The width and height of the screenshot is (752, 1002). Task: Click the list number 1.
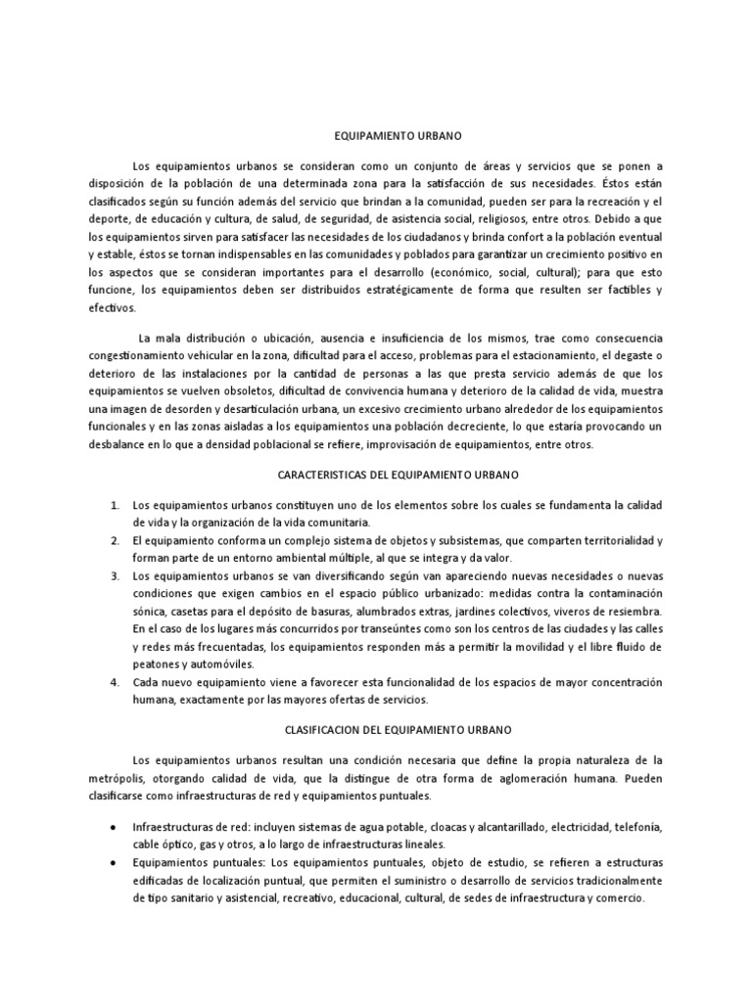pyautogui.click(x=115, y=505)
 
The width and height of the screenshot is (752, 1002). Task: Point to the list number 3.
pyautogui.click(x=115, y=575)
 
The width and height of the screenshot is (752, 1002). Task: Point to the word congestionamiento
pyautogui.click(x=153, y=356)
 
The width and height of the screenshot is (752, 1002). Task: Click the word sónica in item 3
pyautogui.click(x=150, y=611)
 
